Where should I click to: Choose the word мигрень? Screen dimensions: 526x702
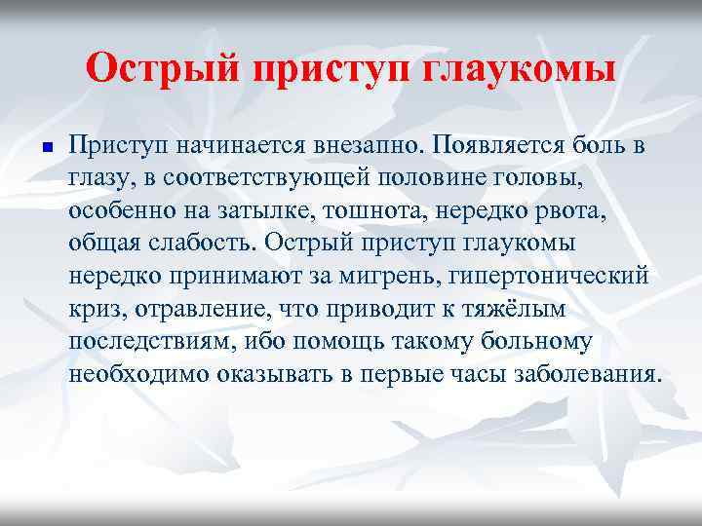[x=393, y=274]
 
